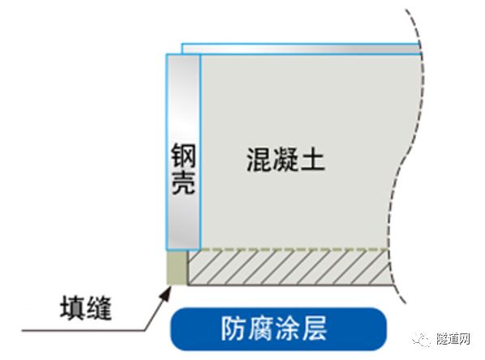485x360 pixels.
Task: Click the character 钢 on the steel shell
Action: [183, 156]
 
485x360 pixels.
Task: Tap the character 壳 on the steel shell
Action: [183, 182]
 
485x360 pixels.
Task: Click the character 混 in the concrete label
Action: [260, 160]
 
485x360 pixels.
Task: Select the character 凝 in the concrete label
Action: [285, 160]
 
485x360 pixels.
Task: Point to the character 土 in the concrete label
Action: [312, 160]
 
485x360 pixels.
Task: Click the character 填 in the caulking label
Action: [72, 308]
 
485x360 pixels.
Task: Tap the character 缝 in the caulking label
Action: [98, 308]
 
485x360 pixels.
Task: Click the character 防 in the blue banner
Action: [234, 328]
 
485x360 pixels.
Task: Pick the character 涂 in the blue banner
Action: [287, 328]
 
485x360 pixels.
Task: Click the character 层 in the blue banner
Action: [314, 328]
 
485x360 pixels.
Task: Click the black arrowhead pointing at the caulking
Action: [166, 293]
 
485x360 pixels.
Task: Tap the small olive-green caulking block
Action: [177, 268]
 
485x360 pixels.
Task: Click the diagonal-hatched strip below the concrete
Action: [288, 268]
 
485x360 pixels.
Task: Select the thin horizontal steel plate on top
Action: [301, 49]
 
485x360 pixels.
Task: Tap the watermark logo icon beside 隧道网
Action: [422, 339]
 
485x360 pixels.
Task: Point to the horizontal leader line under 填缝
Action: [84, 330]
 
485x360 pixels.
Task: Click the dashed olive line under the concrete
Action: [294, 249]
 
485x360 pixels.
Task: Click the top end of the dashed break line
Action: [406, 11]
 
